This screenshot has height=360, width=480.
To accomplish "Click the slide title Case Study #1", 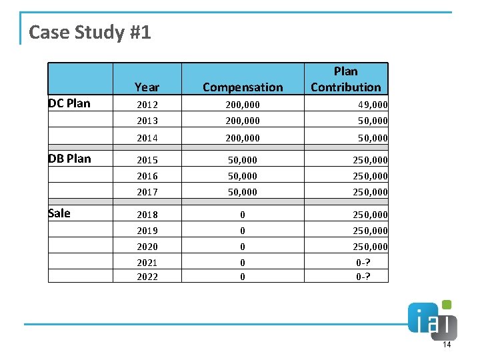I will pos(90,32).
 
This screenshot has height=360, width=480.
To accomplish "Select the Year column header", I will pos(147,87).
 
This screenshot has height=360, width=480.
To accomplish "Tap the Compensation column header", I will pos(243,87).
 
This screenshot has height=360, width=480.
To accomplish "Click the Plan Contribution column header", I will pos(345,79).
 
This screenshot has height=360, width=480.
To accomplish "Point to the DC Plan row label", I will pos(69,103).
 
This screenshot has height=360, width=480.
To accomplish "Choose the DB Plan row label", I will pos(69,159).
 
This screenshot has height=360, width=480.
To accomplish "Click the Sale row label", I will pos(59,213).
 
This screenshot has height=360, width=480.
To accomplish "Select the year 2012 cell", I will pos(147,105).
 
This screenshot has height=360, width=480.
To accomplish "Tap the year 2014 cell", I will pos(147,138).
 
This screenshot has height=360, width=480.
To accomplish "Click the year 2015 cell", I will pos(147,160).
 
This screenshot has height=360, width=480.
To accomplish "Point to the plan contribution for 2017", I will pos(370,192).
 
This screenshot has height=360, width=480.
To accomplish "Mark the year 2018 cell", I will pos(147,215).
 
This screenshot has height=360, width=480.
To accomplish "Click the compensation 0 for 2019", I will pos(243,231).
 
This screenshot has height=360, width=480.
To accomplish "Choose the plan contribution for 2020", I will pos(370,247).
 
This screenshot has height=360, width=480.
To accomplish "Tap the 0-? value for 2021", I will pos(363,263).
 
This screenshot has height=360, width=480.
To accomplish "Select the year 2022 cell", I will pos(147,277).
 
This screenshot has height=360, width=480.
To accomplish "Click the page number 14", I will pos(447,345).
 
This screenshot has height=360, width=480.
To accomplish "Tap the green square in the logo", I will pos(446,305).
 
